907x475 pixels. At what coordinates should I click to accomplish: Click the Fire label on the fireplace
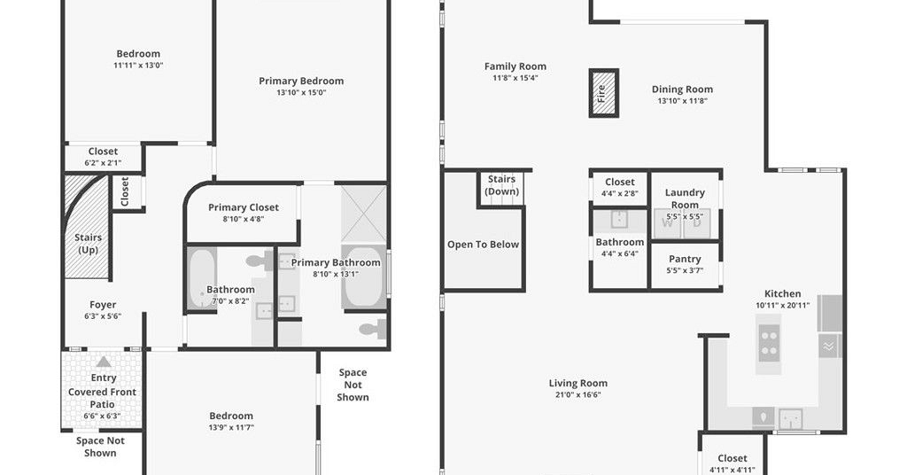click(x=601, y=93)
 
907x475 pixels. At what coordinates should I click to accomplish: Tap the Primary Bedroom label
click(x=301, y=81)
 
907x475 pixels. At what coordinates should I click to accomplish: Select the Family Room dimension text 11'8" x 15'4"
click(x=515, y=77)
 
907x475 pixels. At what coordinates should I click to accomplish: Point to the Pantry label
click(x=685, y=259)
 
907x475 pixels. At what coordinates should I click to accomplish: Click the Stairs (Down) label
click(x=501, y=185)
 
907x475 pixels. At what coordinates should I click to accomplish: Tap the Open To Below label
click(x=483, y=245)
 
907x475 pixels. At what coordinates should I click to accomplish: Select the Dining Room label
click(x=682, y=90)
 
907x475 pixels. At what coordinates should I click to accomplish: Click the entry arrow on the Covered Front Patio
click(x=104, y=362)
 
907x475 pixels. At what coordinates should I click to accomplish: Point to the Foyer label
click(x=103, y=305)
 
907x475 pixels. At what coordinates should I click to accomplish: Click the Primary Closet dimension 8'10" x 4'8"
click(x=243, y=219)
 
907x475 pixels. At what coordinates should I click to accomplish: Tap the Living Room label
click(x=578, y=383)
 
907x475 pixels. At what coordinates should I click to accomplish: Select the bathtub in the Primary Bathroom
click(x=364, y=278)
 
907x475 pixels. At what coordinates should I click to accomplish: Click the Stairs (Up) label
click(x=88, y=244)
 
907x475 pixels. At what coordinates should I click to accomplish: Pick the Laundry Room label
click(x=685, y=199)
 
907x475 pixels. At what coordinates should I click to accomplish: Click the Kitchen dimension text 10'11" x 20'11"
click(x=782, y=306)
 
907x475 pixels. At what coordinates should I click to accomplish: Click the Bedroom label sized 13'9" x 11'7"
click(x=231, y=416)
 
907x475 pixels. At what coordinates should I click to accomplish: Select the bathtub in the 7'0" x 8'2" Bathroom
click(x=202, y=279)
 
